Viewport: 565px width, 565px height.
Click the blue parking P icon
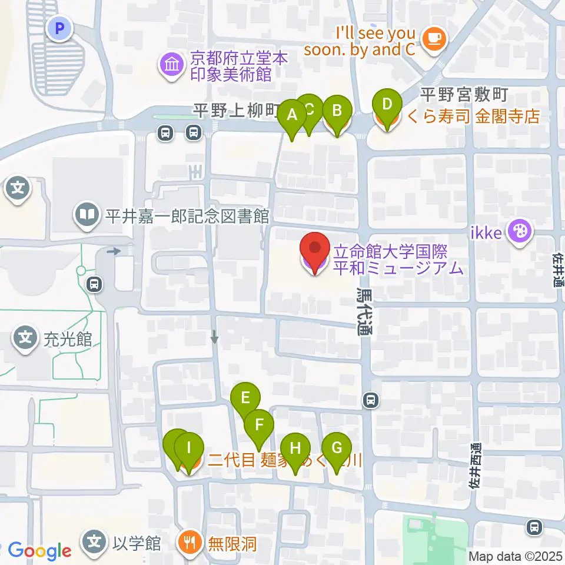59,27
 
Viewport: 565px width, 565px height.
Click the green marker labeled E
245,398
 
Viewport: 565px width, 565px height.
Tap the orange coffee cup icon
435,39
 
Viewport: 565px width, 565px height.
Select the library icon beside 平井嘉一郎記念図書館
87,216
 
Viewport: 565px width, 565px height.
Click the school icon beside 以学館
94,541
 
